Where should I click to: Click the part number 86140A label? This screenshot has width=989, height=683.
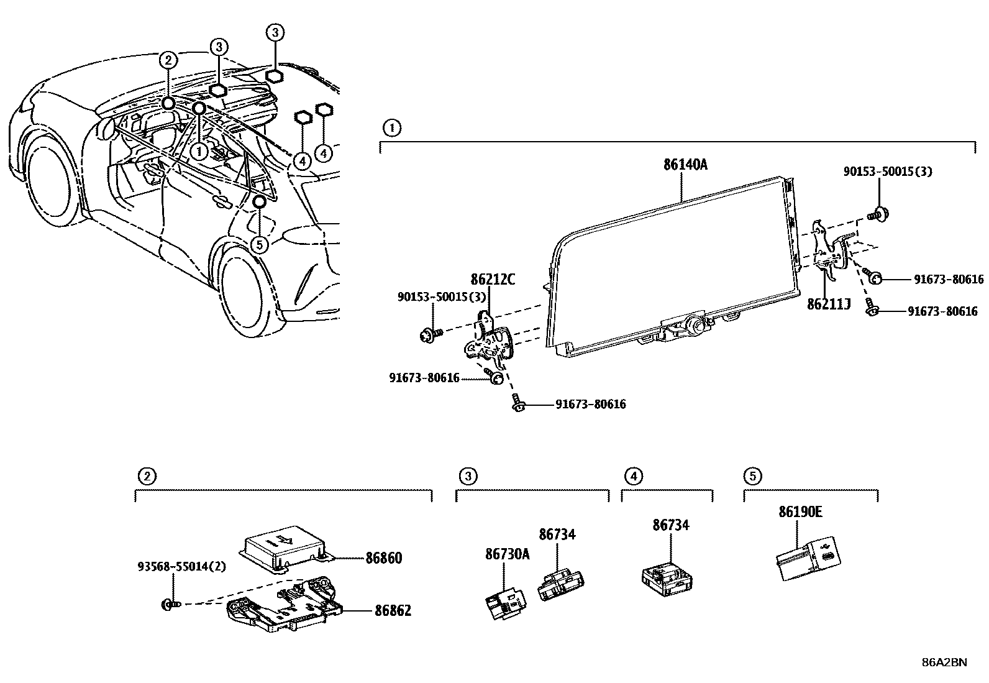tap(685, 165)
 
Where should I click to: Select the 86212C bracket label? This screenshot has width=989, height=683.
tap(493, 279)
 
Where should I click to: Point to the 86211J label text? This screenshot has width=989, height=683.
tap(829, 305)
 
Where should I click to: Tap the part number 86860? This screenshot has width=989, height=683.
tap(383, 558)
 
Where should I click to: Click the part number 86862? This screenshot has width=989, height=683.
tap(393, 611)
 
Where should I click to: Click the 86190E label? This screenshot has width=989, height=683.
tap(800, 511)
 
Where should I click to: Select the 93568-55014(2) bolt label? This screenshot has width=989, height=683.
tap(173, 567)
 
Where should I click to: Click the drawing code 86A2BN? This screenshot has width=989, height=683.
tap(944, 662)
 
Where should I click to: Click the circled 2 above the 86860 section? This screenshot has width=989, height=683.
tap(145, 477)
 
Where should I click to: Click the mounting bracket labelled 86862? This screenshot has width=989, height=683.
tap(283, 607)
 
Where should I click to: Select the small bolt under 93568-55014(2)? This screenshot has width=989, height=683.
tap(168, 603)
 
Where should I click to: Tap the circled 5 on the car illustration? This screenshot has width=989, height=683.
tap(260, 244)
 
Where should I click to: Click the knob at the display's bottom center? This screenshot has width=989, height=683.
tap(695, 324)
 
